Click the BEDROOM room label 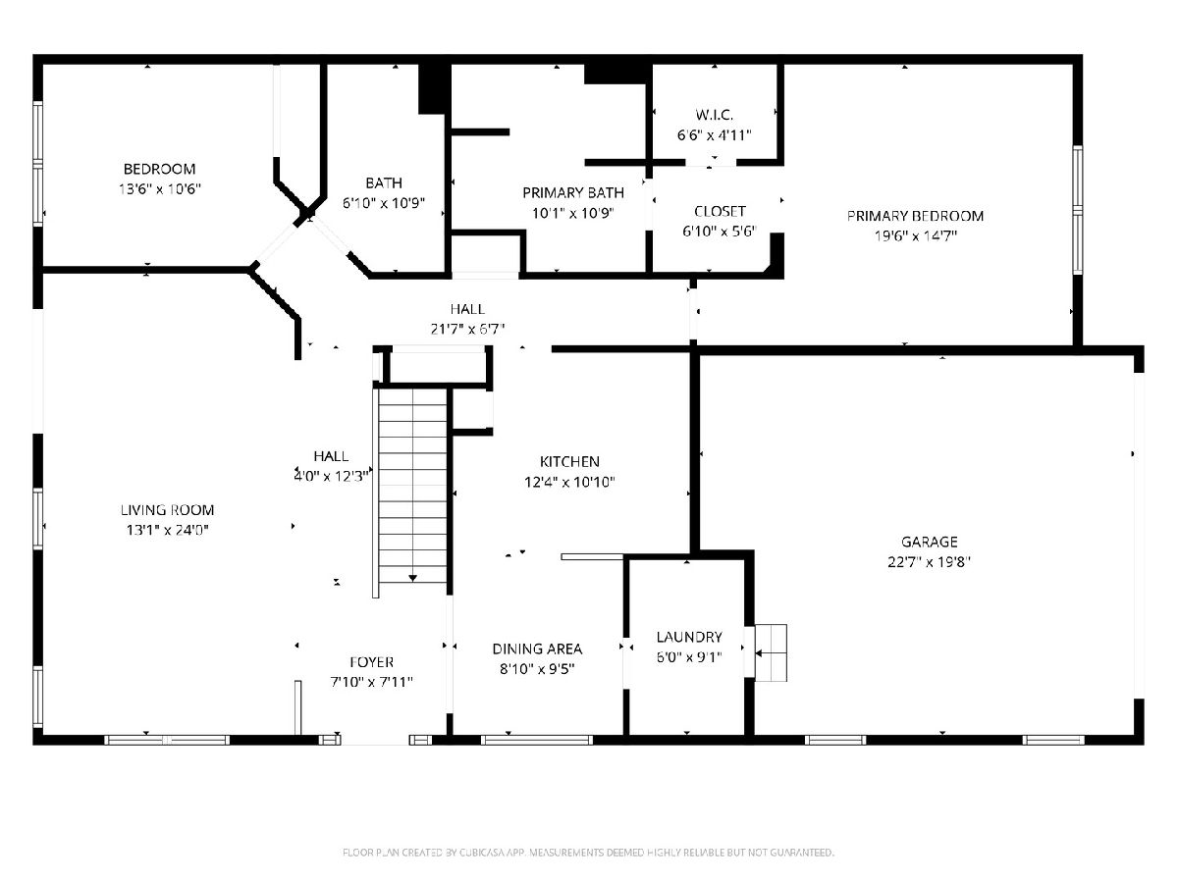(159, 169)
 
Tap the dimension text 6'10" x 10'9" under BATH (384, 203)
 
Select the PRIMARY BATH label (573, 192)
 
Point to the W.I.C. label (715, 115)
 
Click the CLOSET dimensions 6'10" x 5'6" (720, 232)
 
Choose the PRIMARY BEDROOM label (916, 216)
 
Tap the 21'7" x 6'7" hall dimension (467, 329)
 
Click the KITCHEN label (569, 461)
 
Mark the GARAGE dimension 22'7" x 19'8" (929, 562)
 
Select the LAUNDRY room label (689, 637)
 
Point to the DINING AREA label (537, 649)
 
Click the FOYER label (371, 662)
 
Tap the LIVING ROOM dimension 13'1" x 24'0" (167, 530)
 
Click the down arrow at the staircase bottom (412, 578)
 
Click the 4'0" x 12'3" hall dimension (331, 476)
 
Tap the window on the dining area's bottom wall (537, 741)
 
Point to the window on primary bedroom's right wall (1078, 210)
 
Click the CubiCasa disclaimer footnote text (588, 853)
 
